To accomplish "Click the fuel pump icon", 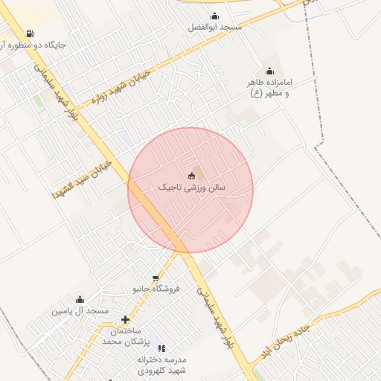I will (x=29, y=33).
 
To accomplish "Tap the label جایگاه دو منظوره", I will (x=34, y=45).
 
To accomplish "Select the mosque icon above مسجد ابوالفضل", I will (x=215, y=16).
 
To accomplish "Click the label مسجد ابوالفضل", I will (x=215, y=28).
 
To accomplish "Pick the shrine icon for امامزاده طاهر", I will (x=269, y=71).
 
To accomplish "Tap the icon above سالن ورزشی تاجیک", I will (x=191, y=176).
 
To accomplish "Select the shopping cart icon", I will (x=156, y=278).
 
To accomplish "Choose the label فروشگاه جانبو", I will (x=153, y=288).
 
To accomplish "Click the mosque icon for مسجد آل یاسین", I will (x=80, y=299).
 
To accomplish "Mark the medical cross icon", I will (x=125, y=319).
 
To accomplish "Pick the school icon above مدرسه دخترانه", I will (x=161, y=348).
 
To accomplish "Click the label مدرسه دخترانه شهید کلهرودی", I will (x=165, y=364).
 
